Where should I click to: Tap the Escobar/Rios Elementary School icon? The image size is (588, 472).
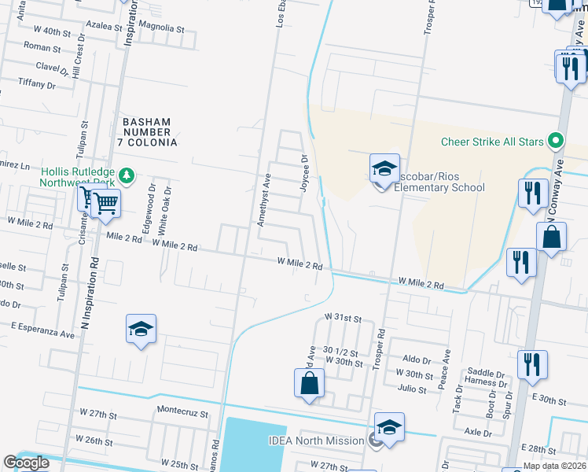384,169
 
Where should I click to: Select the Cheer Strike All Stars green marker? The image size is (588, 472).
557,142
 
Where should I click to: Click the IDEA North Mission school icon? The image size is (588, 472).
389,427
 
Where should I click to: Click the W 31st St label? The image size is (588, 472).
343,319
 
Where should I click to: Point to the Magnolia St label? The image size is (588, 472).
160,28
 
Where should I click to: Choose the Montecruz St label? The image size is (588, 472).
182,411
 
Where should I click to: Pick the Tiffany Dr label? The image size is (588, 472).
36,83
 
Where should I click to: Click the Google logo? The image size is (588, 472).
26,463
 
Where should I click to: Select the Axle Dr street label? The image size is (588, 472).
477,432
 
